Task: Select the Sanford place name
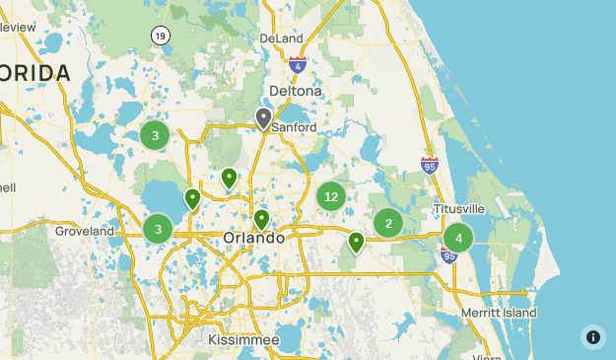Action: [295, 127]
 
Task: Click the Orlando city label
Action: [253, 239]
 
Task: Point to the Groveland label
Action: [85, 231]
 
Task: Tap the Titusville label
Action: [459, 209]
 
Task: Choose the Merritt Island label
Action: [498, 313]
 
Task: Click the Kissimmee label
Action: [243, 339]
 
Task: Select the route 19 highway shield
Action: [160, 36]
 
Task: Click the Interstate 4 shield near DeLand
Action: [298, 65]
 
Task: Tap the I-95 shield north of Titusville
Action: [430, 166]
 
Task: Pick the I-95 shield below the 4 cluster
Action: [449, 256]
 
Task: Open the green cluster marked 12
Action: [331, 196]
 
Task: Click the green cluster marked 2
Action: [388, 224]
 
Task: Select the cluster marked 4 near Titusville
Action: [458, 238]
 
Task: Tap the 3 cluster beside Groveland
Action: [158, 230]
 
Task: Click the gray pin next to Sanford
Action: [263, 117]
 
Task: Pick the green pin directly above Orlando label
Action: [261, 219]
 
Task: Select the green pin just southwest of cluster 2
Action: [356, 241]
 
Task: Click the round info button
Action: [593, 337]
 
